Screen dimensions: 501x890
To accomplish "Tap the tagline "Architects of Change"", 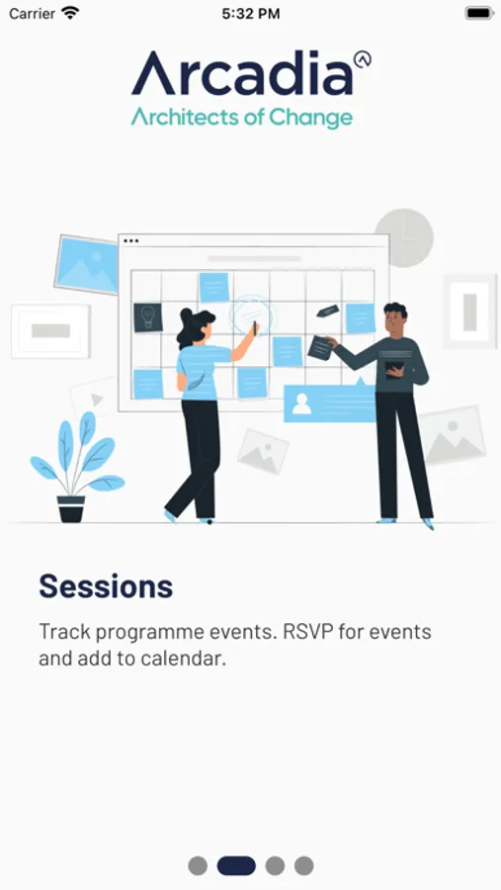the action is [242, 118].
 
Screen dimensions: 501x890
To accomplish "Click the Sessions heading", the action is [106, 585].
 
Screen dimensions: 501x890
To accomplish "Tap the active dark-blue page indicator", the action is [236, 865].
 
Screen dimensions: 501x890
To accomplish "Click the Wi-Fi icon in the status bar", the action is [70, 13].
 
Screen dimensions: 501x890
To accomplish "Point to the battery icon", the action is [479, 13].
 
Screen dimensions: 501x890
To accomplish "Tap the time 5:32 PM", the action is [251, 14].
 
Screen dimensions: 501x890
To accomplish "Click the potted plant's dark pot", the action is [71, 508].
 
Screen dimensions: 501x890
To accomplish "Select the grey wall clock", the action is [404, 237].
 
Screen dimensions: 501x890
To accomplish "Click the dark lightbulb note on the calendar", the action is [148, 317].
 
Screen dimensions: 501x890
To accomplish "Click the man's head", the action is [395, 319].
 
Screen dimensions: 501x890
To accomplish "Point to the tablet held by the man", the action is [395, 369].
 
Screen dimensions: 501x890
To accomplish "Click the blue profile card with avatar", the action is [330, 403].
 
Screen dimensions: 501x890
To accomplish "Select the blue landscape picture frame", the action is [86, 264].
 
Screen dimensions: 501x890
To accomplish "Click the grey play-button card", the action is [94, 399].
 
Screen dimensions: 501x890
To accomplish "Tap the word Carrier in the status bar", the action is [32, 14].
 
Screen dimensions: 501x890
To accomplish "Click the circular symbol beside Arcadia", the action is [362, 59].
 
